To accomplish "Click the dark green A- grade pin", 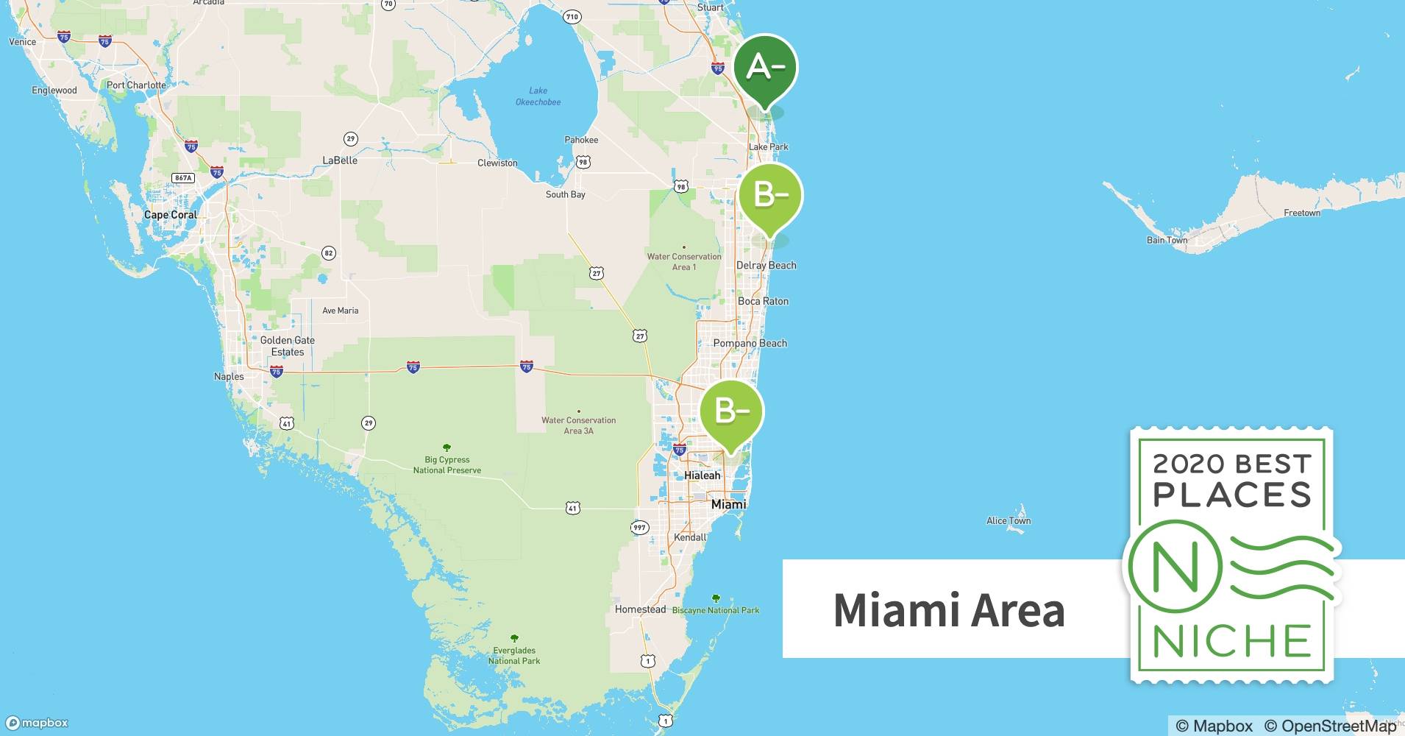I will coord(765,68).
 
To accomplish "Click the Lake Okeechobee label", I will coord(538,96).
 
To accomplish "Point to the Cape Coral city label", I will coord(171,215).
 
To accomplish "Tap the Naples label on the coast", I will coord(229,376).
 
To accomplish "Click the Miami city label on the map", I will coord(728,504).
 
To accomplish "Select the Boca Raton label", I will coord(763,301).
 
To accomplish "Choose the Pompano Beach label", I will coord(750,343).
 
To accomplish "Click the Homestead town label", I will coord(640,609).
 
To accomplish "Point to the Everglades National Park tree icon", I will coord(514,638).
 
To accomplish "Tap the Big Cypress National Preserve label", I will coord(447,464).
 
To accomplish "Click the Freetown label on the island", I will coord(1301,213).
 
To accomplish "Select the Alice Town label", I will coord(1008,520).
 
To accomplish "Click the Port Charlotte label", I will coord(136,85).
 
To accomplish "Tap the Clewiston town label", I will coord(497,163).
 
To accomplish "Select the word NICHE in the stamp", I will coord(1232,641).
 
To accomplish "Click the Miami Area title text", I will coord(948,610).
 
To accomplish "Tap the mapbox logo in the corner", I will coord(37,723).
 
